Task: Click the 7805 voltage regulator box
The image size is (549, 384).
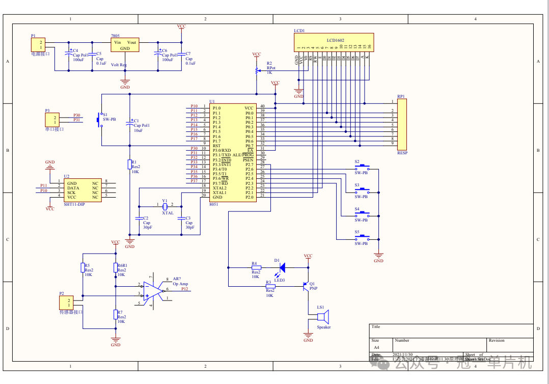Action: [125, 45]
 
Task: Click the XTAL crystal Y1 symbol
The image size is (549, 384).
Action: [164, 206]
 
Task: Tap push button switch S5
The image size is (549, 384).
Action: [363, 237]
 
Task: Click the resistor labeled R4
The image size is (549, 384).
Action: [256, 267]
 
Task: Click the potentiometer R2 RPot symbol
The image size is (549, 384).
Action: [257, 71]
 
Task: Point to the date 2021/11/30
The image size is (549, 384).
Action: [403, 354]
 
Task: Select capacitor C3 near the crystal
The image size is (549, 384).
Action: [181, 218]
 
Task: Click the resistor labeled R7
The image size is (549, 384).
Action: [116, 314]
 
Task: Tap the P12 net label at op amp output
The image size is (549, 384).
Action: [184, 289]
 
